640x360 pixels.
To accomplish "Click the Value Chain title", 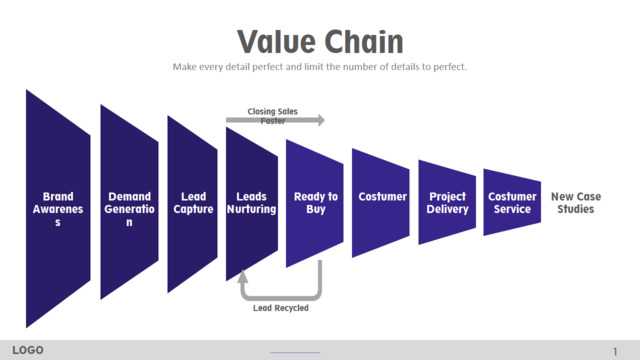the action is click(320, 41).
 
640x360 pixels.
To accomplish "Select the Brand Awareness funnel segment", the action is click(58, 209).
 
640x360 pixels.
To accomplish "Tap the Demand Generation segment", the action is click(129, 202).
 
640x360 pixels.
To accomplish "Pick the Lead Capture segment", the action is click(192, 204).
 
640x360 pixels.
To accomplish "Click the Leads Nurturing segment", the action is click(252, 204).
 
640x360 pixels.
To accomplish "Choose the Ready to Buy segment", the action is click(315, 203).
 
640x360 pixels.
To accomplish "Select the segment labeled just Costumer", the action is click(381, 203).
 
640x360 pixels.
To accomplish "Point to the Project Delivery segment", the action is click(447, 202).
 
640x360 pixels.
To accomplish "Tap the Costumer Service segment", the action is click(512, 202).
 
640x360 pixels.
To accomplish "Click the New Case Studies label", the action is click(576, 203).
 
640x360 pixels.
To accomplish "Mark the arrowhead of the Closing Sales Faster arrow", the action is click(321, 120).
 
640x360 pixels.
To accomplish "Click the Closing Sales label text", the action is click(273, 111).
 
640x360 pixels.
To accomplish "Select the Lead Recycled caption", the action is click(281, 308).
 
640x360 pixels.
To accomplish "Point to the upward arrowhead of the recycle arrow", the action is click(243, 277).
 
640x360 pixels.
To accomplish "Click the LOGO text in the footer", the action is click(28, 350).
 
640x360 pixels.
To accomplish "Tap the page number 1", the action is click(615, 351).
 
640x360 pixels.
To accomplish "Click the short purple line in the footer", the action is click(295, 352).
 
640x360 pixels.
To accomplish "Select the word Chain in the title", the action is click(364, 41).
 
